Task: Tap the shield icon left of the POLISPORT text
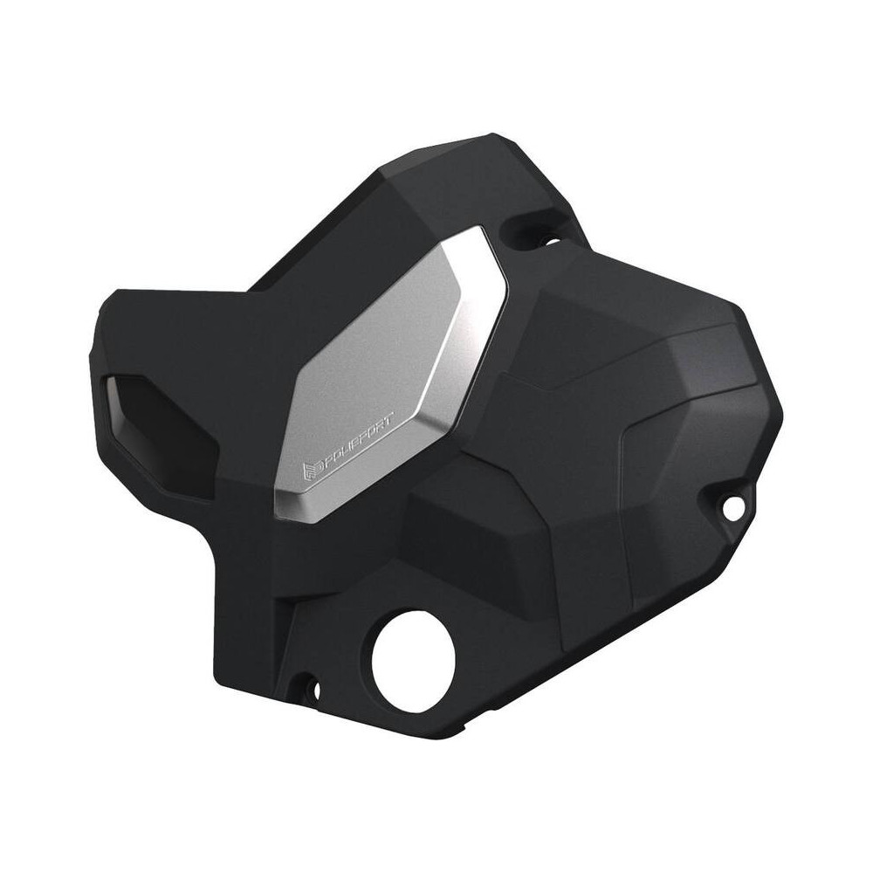(308, 472)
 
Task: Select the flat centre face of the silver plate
(384, 349)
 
